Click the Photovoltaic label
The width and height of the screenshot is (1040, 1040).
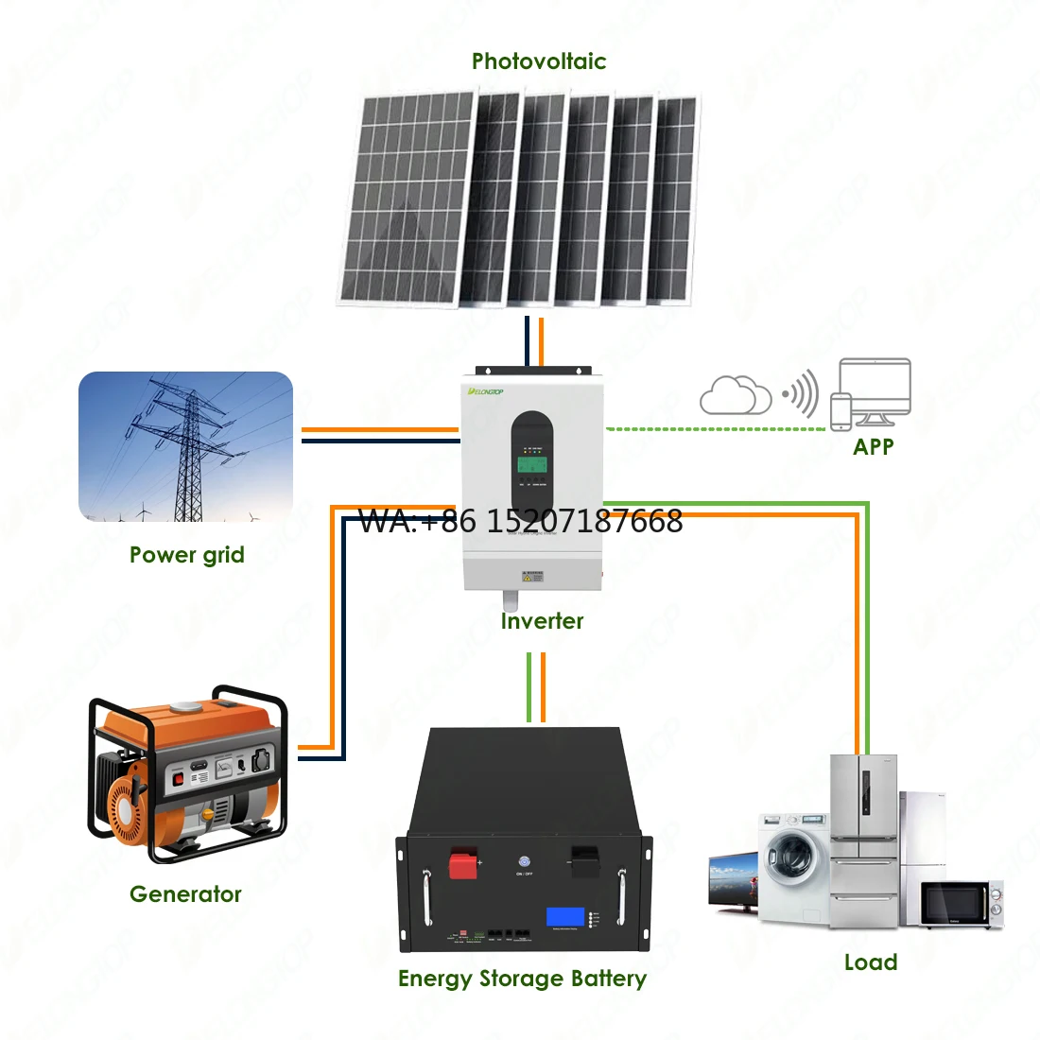tap(539, 61)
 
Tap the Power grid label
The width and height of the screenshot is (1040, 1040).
tap(186, 555)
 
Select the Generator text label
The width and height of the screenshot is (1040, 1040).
tap(185, 893)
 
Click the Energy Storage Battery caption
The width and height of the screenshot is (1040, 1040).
tap(522, 979)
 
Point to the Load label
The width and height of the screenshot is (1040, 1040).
tap(870, 962)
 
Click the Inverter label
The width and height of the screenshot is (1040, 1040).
tap(542, 621)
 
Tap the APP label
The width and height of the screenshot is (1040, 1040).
tap(873, 446)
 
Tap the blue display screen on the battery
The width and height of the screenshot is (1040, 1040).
tap(564, 916)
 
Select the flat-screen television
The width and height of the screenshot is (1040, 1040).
tap(733, 880)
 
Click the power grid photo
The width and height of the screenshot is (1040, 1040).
tap(185, 446)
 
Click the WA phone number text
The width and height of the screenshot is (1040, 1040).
tap(521, 521)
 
